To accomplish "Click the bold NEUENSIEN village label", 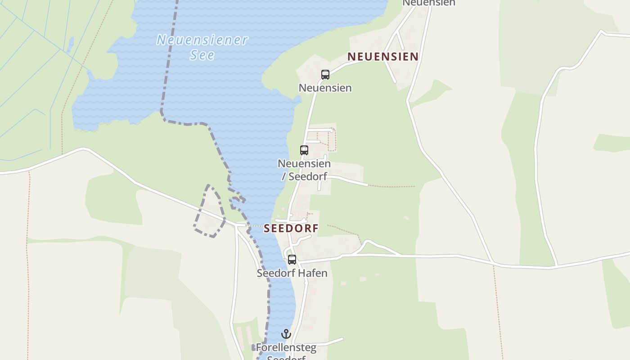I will click(383, 57).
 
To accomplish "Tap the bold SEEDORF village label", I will click(291, 228).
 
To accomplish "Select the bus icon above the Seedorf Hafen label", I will click(292, 260).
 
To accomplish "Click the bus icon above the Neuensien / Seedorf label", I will click(304, 150).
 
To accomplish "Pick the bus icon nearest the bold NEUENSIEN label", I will click(325, 75).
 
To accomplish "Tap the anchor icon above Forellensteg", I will click(286, 334).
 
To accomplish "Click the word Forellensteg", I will click(286, 347).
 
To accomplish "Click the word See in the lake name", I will click(202, 55).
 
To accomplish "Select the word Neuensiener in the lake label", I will click(202, 40).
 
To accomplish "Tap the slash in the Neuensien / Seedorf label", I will click(283, 176).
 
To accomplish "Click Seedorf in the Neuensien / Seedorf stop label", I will click(307, 176).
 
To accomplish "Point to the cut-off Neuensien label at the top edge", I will click(429, 3).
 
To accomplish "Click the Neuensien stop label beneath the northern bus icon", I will click(325, 88).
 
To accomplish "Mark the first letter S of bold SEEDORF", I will click(267, 228).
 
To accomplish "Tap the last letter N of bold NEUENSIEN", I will click(414, 57).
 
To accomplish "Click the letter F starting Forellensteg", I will click(259, 347).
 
